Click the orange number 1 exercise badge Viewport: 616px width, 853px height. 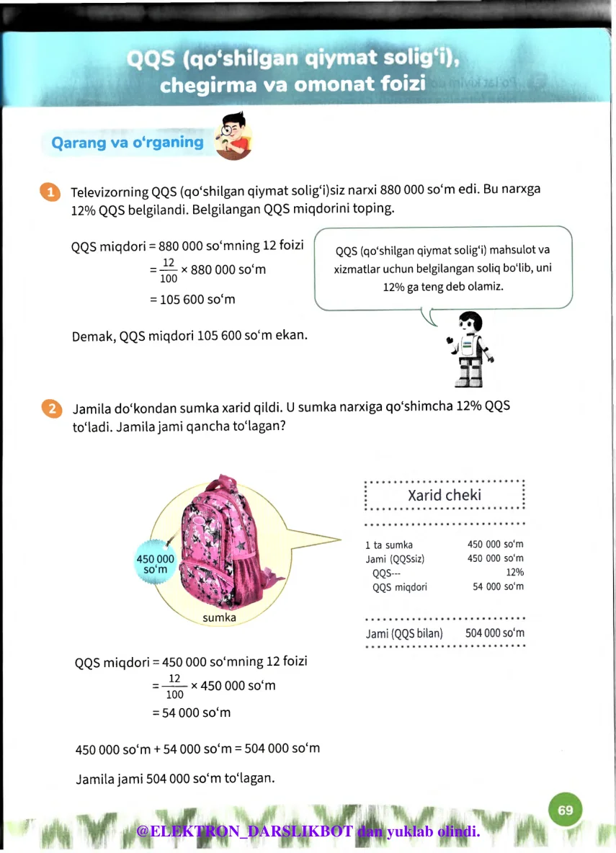(50, 192)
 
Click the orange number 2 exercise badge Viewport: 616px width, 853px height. (50, 408)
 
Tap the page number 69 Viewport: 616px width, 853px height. (565, 810)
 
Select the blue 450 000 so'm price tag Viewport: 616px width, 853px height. (156, 564)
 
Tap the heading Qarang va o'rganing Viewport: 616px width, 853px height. (128, 143)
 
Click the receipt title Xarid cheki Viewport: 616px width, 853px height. (445, 496)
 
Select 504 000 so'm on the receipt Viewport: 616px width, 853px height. (494, 633)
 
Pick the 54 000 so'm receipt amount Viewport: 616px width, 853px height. (498, 586)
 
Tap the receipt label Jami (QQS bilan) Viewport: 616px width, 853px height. (404, 633)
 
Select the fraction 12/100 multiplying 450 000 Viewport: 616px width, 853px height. (174, 687)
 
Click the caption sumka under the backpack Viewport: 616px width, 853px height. (219, 617)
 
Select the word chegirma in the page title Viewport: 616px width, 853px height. (204, 86)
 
